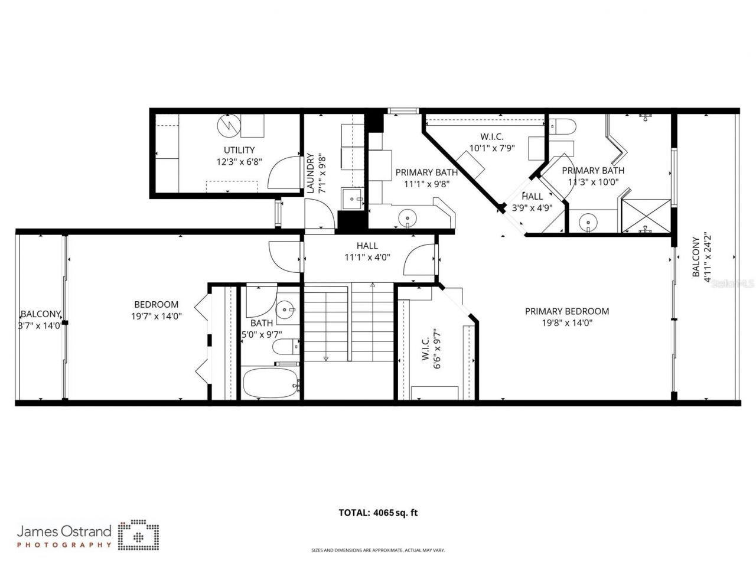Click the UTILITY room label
239,150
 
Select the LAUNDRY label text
310,174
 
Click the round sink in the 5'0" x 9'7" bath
286,309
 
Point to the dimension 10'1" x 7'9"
492,149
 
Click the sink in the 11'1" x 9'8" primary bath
407,218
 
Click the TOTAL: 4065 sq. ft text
378,513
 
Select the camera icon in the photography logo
139,535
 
